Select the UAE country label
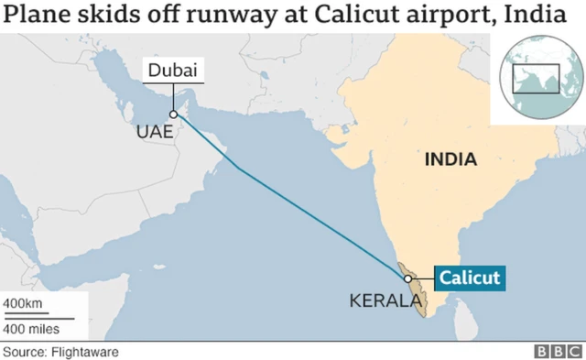153,132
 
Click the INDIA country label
450,159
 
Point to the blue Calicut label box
468,278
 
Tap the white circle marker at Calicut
407,278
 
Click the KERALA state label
379,301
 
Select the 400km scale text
22,303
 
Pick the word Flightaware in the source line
85,351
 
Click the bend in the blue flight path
240,169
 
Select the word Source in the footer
21,351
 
